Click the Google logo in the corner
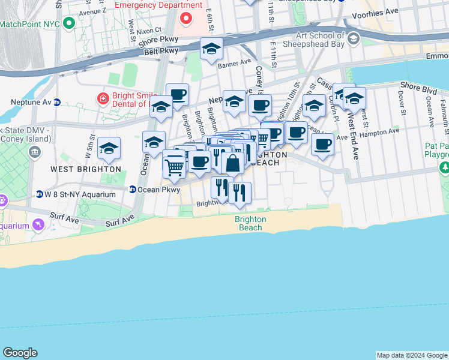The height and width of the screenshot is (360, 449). coord(20,353)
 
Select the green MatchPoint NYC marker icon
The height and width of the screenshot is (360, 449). coord(69,24)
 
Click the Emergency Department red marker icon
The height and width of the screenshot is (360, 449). coord(186,19)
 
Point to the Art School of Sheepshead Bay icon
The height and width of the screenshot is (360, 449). coord(354,40)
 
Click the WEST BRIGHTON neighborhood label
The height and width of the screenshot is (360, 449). coord(86,170)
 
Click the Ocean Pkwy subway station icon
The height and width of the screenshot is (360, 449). coord(132,190)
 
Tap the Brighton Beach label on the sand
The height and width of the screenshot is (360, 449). coord(250,223)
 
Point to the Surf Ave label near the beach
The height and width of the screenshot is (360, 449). coord(120,221)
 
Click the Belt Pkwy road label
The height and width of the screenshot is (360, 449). coord(162,52)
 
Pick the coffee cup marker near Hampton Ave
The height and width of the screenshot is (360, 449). coord(322,145)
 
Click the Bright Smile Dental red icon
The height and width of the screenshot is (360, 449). coord(103,98)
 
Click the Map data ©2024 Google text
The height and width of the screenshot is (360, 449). coord(411,355)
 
